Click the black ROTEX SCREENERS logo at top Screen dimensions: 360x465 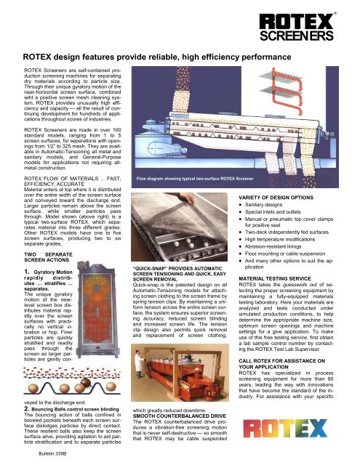[297, 27]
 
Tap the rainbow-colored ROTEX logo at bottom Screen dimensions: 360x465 [285, 428]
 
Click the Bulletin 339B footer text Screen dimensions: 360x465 [52, 453]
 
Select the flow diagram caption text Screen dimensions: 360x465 [195, 179]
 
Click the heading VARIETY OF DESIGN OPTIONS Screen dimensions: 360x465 [276, 198]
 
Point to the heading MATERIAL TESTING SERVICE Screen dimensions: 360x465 [275, 279]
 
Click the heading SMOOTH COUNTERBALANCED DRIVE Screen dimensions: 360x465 [179, 416]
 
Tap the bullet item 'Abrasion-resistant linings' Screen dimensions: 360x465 [273, 246]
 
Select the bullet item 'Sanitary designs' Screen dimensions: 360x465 [263, 205]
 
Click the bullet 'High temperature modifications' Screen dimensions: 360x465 [280, 239]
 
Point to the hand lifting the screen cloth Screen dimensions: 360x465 [185, 197]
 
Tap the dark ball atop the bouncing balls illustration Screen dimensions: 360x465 [86, 382]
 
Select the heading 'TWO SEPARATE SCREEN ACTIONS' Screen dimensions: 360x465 [48, 257]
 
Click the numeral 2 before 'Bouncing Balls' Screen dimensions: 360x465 [26, 409]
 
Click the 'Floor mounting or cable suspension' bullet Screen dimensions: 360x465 [285, 254]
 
